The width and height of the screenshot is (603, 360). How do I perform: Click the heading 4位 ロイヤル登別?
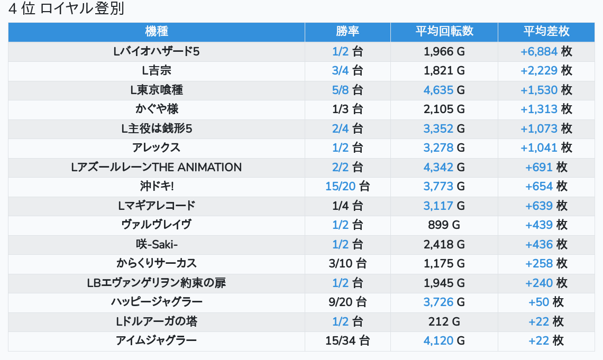click(x=66, y=9)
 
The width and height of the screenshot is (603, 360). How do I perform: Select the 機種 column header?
click(x=156, y=31)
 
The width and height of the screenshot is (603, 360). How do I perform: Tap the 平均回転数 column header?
click(x=444, y=31)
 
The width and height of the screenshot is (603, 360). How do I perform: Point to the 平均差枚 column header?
click(x=546, y=31)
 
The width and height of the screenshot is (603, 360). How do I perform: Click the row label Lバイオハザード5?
click(x=156, y=51)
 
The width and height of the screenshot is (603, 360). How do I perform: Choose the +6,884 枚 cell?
click(x=546, y=51)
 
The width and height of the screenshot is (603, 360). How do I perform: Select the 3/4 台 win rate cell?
click(x=348, y=71)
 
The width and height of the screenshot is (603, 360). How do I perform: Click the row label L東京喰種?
click(x=156, y=90)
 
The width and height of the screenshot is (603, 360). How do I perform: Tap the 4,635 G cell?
click(x=444, y=90)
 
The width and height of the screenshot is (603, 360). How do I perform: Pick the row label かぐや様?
click(x=156, y=109)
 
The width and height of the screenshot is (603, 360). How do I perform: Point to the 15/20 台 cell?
click(x=348, y=186)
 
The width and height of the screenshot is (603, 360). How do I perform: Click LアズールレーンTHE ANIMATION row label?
click(x=156, y=167)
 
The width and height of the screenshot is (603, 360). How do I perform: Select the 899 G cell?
click(x=444, y=225)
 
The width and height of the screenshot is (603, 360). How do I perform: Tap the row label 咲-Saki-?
click(x=156, y=244)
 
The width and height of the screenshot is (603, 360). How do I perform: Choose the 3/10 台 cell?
click(x=348, y=263)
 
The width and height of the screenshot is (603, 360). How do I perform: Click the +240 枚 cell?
click(x=546, y=283)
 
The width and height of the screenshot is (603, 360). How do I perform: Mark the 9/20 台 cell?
click(x=348, y=302)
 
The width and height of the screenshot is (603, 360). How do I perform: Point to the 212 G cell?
click(x=444, y=321)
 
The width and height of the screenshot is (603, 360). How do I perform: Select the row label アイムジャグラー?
click(x=156, y=340)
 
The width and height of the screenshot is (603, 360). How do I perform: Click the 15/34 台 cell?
click(x=348, y=340)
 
